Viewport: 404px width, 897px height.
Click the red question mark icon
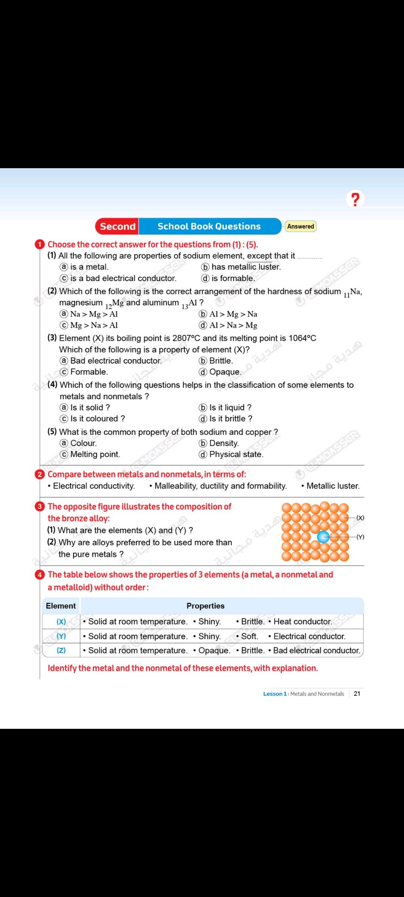[x=355, y=199]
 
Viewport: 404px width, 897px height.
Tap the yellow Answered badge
[x=300, y=226]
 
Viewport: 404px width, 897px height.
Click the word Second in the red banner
[x=117, y=226]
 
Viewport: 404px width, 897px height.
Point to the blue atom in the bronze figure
[x=323, y=537]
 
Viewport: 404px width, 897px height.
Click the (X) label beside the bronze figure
[x=360, y=518]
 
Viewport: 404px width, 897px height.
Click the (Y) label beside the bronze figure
[x=360, y=537]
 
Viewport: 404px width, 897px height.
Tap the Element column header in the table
[x=61, y=606]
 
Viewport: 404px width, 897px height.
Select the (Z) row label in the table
[x=61, y=650]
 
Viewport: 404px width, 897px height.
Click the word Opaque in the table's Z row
[x=214, y=651]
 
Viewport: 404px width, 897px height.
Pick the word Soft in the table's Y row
[x=249, y=636]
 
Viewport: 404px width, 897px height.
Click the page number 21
[x=357, y=694]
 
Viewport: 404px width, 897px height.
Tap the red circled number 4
[x=40, y=575]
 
